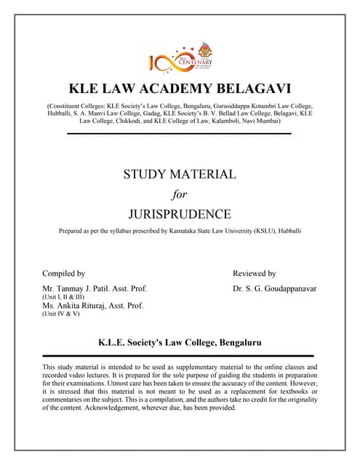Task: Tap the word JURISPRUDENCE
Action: (x=180, y=214)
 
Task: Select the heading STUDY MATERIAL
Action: (x=180, y=174)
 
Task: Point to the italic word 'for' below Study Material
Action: (x=179, y=194)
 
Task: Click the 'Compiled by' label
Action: (x=64, y=274)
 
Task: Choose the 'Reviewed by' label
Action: (x=254, y=274)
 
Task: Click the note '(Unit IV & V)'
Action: (x=60, y=315)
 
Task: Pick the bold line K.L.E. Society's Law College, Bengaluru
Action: (x=180, y=341)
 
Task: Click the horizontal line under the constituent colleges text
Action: (x=180, y=134)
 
